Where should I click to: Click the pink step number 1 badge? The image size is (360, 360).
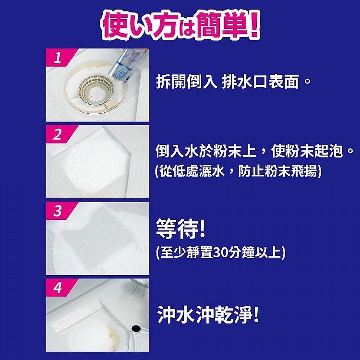(57, 59)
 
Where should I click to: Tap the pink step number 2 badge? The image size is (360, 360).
(57, 135)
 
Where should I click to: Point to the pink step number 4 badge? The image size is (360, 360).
(57, 288)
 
